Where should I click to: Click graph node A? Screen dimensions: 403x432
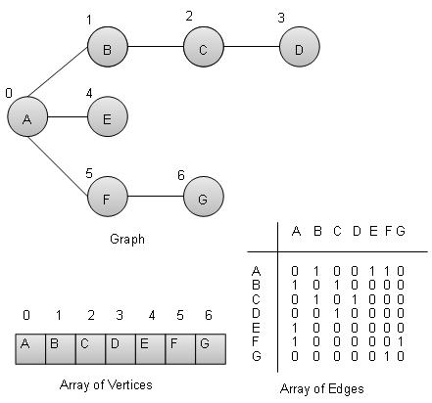pyautogui.click(x=26, y=118)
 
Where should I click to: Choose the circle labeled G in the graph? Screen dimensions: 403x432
pyautogui.click(x=203, y=198)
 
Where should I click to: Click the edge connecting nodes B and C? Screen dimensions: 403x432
pyautogui.click(x=154, y=46)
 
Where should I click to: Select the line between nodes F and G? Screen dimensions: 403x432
pyautogui.click(x=154, y=198)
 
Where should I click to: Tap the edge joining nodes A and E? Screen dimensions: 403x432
pyautogui.click(x=67, y=118)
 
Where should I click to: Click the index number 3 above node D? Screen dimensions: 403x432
pyautogui.click(x=281, y=18)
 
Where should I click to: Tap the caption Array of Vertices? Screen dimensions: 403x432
pyautogui.click(x=114, y=384)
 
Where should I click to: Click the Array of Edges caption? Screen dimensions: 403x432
pyautogui.click(x=328, y=388)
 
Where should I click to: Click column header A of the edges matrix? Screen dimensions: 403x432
pyautogui.click(x=296, y=232)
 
